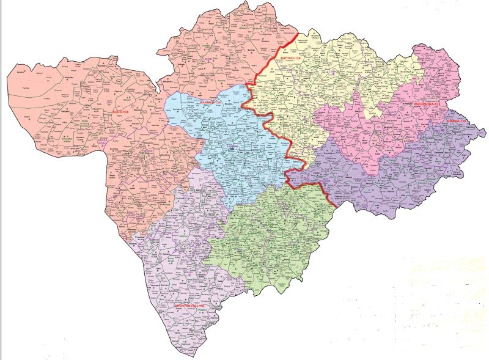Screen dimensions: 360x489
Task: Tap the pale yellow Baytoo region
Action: [318, 79]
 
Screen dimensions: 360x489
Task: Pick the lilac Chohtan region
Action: [177, 269]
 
